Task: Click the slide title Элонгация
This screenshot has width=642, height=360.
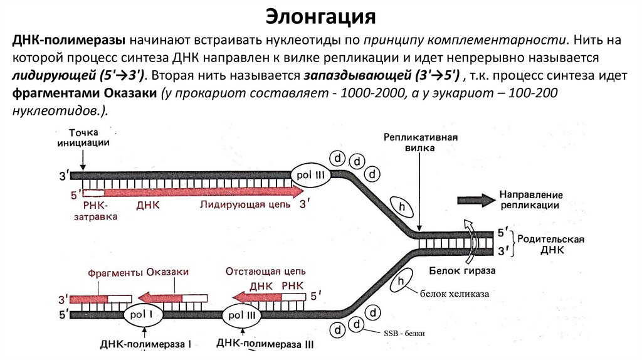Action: point(320,15)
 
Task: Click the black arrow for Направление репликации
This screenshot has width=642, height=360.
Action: point(476,200)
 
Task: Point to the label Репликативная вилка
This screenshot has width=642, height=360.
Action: point(419,142)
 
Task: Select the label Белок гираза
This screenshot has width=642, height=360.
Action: point(463,270)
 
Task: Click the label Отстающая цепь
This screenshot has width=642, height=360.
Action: point(265,272)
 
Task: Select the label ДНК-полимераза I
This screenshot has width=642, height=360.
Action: point(145,344)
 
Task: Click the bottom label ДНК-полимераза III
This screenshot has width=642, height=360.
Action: point(265,344)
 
